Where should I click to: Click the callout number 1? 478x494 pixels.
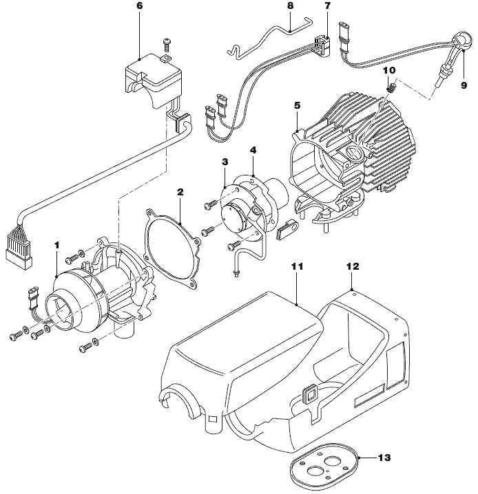click(x=57, y=244)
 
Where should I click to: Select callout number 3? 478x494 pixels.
click(x=225, y=161)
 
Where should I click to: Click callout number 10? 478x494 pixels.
click(x=388, y=70)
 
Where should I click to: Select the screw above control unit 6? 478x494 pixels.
click(x=165, y=43)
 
